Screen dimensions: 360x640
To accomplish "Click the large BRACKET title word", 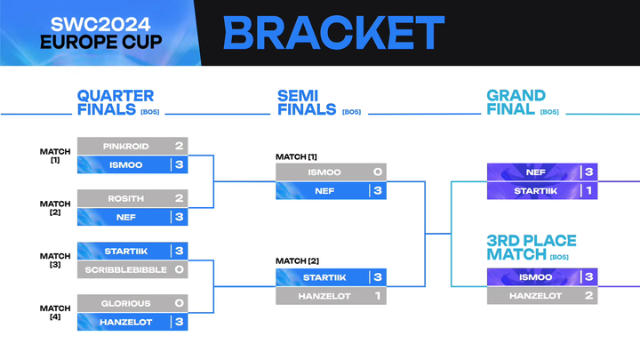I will point(333,33).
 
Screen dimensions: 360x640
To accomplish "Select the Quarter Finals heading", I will point(116,102).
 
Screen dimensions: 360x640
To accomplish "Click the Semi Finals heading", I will point(307,102).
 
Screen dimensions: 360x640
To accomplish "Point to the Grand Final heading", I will point(516,102).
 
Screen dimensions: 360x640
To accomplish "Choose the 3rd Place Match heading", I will point(531,248).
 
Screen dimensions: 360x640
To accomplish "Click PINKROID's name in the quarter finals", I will point(125,146).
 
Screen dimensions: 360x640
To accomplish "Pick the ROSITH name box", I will point(125,198).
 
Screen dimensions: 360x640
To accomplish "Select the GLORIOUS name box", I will point(125,303).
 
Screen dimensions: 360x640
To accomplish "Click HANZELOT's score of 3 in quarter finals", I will point(180,322).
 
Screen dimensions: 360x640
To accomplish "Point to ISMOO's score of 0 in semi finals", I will point(378,172).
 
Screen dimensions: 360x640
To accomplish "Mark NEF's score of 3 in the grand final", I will point(588,172).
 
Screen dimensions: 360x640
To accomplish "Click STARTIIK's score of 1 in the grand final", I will point(588,190).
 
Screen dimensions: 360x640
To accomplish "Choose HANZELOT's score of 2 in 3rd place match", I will point(588,295).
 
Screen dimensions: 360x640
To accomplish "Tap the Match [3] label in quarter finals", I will point(55,260).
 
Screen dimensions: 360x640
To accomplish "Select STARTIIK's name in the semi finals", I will point(324,277).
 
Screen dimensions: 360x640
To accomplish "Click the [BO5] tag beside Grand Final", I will point(549,112).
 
